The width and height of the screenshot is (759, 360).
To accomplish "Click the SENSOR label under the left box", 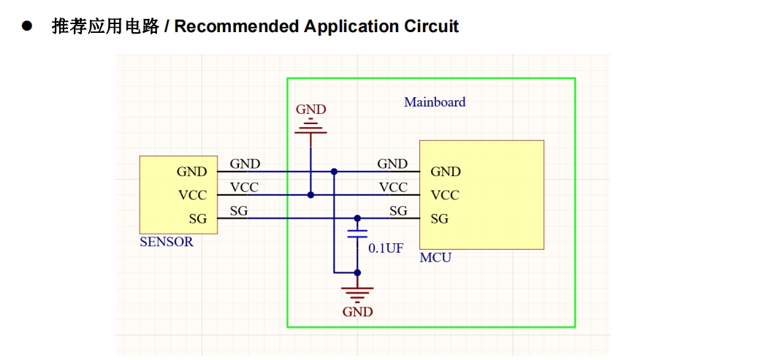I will pyautogui.click(x=167, y=242).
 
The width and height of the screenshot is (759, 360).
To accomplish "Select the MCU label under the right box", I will pyautogui.click(x=435, y=258).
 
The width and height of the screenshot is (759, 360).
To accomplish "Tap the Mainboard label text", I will pyautogui.click(x=435, y=102).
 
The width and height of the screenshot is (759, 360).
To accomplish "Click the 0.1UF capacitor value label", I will pyautogui.click(x=385, y=248).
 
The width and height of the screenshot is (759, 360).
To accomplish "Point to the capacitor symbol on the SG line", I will pyautogui.click(x=357, y=234).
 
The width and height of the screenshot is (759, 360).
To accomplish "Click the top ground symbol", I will pyautogui.click(x=310, y=128).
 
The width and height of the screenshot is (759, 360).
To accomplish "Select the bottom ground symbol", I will pyautogui.click(x=357, y=293).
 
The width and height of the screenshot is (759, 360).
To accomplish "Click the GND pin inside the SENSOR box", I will pyautogui.click(x=191, y=172).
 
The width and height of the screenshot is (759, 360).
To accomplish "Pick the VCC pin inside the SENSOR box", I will pyautogui.click(x=192, y=196).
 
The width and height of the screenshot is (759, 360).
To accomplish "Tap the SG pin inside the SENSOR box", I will pyautogui.click(x=197, y=219).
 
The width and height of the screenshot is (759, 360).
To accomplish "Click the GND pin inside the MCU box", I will pyautogui.click(x=446, y=172).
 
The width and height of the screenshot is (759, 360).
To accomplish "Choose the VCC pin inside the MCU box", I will pyautogui.click(x=445, y=196).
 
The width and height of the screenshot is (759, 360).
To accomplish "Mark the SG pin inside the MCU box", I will pyautogui.click(x=439, y=219).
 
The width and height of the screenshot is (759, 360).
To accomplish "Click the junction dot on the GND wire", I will pyautogui.click(x=334, y=172).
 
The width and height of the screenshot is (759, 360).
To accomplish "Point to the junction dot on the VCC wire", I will pyautogui.click(x=310, y=195).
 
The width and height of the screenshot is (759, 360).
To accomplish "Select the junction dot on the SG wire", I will pyautogui.click(x=357, y=218).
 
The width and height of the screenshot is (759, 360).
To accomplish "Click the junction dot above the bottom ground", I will pyautogui.click(x=357, y=272).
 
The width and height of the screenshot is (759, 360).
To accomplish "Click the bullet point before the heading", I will pyautogui.click(x=28, y=26).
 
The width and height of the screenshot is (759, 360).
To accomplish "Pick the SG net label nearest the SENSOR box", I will pyautogui.click(x=239, y=211).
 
